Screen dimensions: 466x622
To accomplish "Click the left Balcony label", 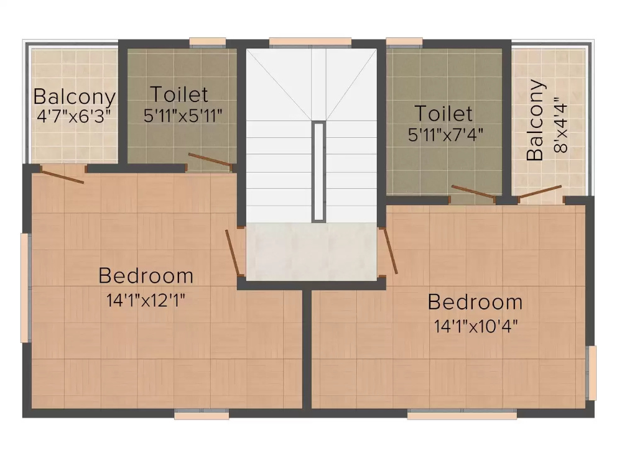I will [74, 98].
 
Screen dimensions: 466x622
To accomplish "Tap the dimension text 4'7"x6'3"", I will [74, 116].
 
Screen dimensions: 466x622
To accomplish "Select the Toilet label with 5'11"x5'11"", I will [179, 95].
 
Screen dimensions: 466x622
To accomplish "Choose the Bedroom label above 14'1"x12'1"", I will [146, 275].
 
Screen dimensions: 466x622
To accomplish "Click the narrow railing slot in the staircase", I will [318, 171].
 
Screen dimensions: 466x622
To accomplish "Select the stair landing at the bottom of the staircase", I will [311, 252].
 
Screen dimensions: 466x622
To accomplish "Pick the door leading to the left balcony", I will [62, 175].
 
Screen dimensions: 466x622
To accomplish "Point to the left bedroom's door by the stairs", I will [233, 252].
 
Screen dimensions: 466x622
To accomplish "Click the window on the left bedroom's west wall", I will [25, 287].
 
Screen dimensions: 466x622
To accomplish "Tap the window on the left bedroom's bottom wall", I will [201, 414].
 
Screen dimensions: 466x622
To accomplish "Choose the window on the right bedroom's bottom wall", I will [462, 414].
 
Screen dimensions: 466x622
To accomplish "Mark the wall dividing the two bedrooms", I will [307, 348].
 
